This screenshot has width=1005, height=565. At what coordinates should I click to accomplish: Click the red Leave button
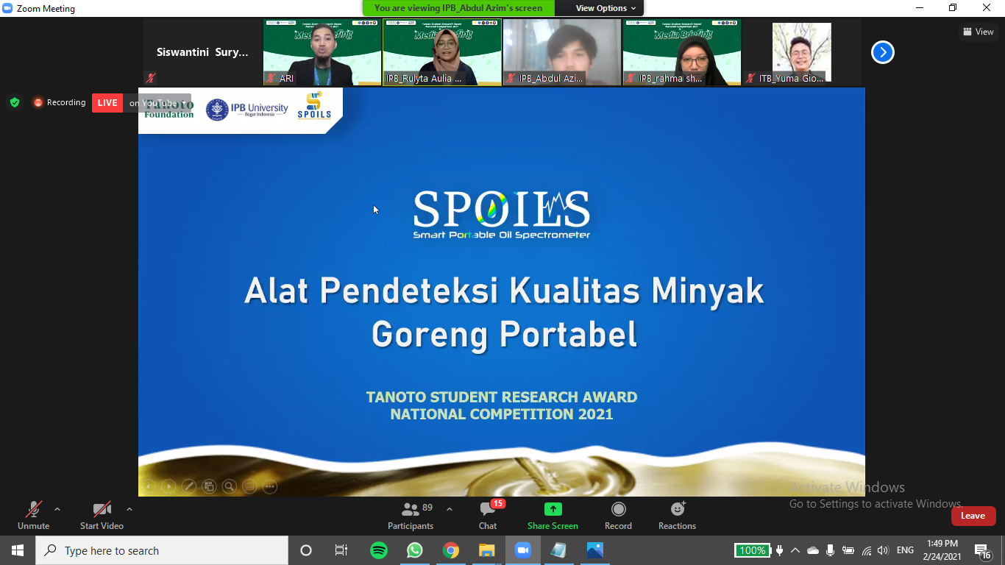point(973,516)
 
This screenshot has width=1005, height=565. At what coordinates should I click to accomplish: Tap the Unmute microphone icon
point(34,509)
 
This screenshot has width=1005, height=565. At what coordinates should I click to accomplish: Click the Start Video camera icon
point(102,509)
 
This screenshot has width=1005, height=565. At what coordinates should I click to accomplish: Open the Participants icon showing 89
point(410,509)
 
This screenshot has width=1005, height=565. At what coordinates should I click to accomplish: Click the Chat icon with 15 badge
point(488,509)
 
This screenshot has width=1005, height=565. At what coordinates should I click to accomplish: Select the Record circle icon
point(618,509)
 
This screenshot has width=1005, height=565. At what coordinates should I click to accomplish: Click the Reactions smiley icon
point(678,509)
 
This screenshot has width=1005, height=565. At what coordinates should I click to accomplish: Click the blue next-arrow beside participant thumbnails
point(882,52)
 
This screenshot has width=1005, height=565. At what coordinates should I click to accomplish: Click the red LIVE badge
point(107,103)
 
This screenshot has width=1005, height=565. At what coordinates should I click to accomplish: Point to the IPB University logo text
point(258,110)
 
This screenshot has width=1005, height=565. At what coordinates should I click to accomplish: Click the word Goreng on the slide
point(430,335)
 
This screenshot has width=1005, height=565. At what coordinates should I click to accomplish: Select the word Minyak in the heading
point(708,291)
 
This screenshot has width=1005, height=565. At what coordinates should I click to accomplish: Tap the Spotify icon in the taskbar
point(379,550)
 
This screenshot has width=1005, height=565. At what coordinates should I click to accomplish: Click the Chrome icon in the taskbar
point(451,550)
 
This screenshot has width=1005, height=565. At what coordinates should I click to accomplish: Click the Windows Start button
point(18,550)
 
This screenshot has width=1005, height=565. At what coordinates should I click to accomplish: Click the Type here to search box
point(162,550)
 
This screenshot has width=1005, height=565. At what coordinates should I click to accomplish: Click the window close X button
point(987,8)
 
